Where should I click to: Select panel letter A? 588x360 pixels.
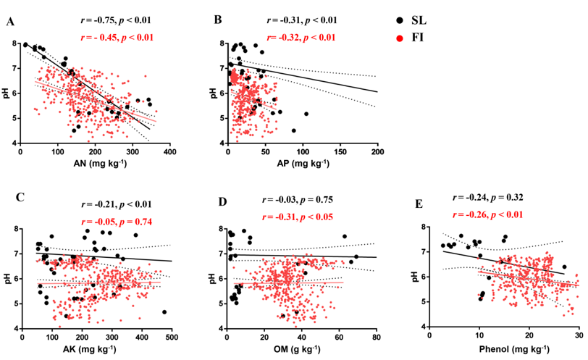tap(10, 22)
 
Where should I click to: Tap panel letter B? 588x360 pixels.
tap(217, 20)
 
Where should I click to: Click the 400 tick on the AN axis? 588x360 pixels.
tap(170, 153)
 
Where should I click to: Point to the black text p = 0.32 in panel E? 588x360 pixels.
tap(519, 197)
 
